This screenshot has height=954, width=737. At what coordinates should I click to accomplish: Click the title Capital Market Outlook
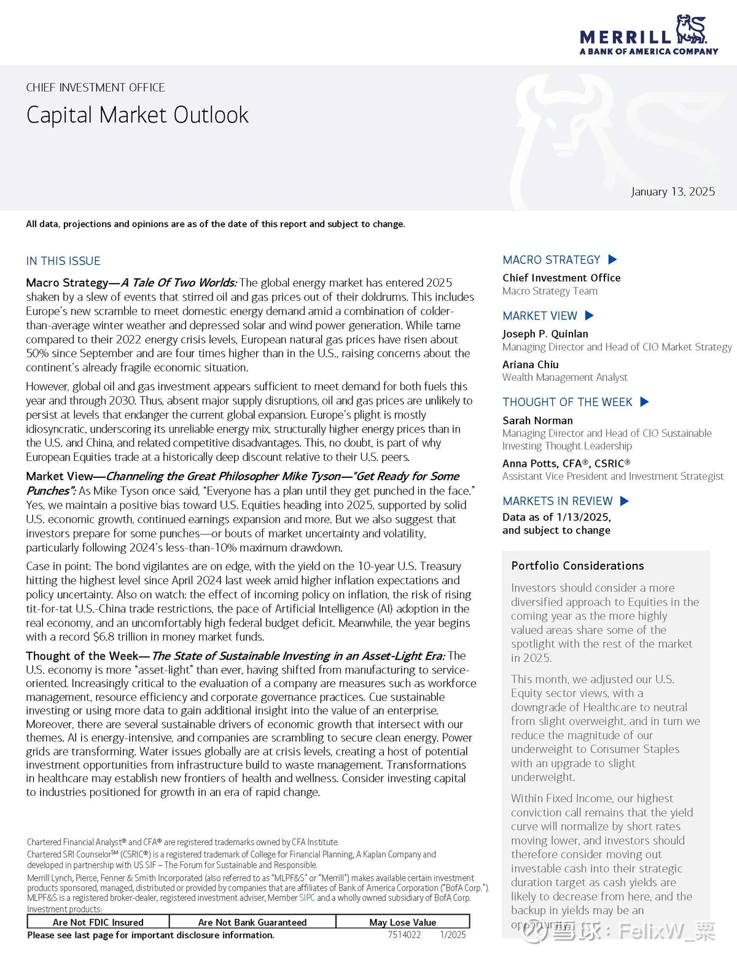tap(137, 115)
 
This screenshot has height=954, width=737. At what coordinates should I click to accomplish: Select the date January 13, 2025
tap(673, 192)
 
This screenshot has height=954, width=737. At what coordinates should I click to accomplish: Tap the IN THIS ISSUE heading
tap(63, 261)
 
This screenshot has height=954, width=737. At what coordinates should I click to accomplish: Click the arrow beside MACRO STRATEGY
tap(612, 260)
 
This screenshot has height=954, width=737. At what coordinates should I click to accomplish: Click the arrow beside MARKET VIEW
tap(590, 316)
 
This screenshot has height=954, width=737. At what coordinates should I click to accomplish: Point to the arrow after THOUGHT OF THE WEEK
tap(644, 402)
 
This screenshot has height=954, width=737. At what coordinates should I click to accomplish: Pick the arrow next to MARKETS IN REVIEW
tap(625, 501)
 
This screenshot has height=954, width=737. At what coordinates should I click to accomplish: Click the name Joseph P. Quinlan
tap(545, 334)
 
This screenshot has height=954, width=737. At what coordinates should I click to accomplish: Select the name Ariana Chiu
tap(531, 364)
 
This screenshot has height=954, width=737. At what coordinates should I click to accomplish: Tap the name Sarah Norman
tap(537, 420)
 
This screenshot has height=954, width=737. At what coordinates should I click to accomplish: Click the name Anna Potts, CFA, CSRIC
tap(566, 463)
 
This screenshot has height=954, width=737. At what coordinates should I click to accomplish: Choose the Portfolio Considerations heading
tap(577, 566)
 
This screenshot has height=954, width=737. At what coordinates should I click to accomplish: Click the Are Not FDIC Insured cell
tap(98, 922)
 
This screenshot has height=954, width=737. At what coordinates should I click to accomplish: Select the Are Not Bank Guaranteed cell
tap(252, 922)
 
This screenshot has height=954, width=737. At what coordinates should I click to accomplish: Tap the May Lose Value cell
tap(403, 922)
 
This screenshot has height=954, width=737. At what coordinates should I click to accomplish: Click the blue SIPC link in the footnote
tap(307, 898)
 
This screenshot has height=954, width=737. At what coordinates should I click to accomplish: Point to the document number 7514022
tap(404, 935)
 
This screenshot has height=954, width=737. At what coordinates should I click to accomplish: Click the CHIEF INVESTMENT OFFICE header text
tap(95, 88)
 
